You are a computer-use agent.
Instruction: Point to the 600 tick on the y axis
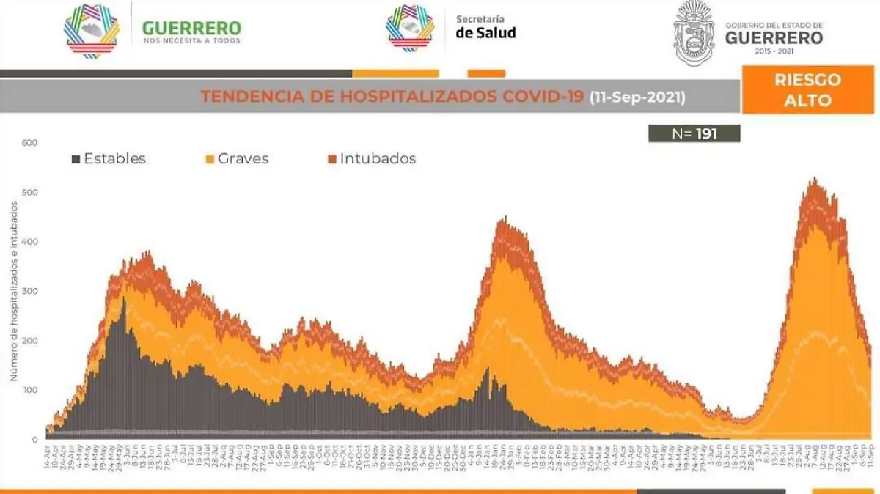click(29, 142)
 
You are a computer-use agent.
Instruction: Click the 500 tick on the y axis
click(29, 192)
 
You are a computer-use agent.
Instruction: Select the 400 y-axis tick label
click(29, 242)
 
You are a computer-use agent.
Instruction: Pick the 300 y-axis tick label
click(29, 292)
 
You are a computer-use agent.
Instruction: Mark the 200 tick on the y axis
click(29, 341)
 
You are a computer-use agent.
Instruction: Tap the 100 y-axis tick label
click(29, 391)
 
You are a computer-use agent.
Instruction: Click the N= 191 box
click(694, 133)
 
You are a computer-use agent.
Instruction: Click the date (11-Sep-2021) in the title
click(637, 97)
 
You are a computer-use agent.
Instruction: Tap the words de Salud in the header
click(485, 33)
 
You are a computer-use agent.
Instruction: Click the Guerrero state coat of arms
click(694, 32)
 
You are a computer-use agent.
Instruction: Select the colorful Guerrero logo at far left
click(92, 31)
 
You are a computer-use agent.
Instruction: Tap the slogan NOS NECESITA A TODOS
click(191, 41)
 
